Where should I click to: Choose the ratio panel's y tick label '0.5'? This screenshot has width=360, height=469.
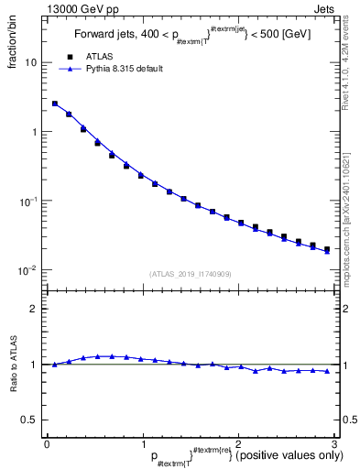click(x=29, y=420)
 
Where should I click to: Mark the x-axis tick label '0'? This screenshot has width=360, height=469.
click(x=47, y=443)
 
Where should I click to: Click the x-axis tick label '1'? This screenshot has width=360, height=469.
click(x=142, y=443)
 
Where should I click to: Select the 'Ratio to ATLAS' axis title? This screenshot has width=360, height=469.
click(x=14, y=365)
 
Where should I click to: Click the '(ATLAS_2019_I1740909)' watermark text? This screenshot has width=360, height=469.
click(x=191, y=274)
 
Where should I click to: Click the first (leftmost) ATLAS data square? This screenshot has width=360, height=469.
click(x=55, y=104)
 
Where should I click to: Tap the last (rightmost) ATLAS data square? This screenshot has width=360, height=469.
click(x=327, y=248)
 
